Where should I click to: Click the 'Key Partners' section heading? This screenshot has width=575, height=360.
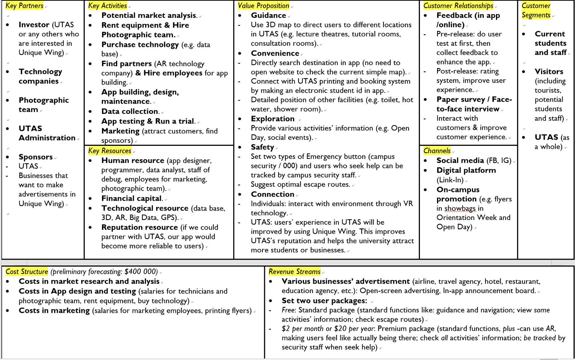point(24,6)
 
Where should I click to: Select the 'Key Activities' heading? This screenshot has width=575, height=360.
point(107,6)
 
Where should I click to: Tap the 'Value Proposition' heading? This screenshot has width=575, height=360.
point(263,6)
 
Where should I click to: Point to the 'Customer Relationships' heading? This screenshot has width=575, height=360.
point(458,6)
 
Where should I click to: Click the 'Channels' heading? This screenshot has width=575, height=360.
point(437,151)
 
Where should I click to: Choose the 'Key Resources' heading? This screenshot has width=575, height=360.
point(110,151)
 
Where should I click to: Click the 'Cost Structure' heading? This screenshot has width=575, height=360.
point(27,272)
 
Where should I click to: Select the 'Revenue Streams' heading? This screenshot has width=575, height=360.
point(294,272)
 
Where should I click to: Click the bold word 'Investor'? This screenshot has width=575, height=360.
point(34,25)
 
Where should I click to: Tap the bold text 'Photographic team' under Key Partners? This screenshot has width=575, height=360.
point(43,105)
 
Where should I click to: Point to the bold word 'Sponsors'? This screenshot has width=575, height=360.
point(36,157)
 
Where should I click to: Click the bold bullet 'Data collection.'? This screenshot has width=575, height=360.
point(130,111)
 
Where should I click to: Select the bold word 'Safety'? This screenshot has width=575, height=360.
point(262,147)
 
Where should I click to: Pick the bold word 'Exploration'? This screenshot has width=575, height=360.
point(273,119)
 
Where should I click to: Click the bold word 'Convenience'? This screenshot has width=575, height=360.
point(275,53)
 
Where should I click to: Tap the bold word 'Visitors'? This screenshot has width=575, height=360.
point(549,72)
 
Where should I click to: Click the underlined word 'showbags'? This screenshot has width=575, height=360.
point(460,208)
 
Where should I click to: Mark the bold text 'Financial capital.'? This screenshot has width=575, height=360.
point(132,199)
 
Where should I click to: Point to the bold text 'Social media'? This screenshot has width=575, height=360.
point(460,161)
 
